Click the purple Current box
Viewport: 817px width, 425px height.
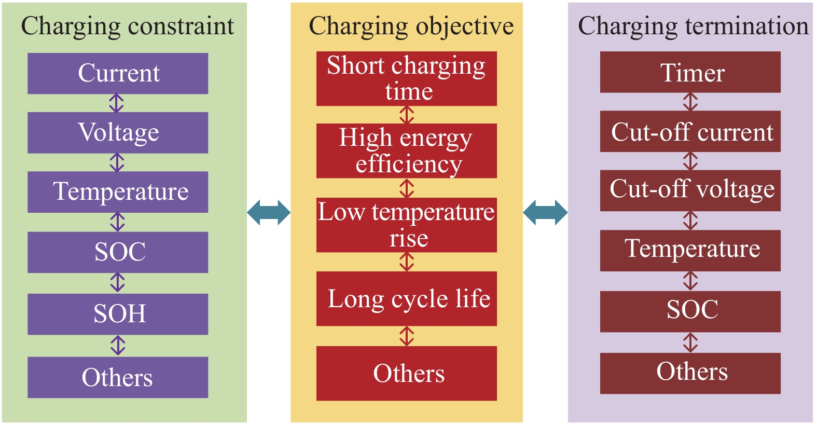[118, 73]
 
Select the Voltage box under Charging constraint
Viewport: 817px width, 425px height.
[118, 132]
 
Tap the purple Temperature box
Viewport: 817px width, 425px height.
[118, 192]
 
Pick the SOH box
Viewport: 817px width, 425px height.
[118, 314]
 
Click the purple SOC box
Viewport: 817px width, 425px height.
[118, 252]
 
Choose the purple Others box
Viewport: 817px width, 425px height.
[118, 377]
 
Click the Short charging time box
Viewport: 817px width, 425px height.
[406, 78]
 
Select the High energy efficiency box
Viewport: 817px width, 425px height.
[406, 150]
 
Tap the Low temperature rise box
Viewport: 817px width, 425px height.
[406, 225]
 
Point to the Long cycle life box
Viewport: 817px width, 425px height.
[406, 298]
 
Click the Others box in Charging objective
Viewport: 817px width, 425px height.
[406, 373]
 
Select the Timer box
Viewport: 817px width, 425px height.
[690, 72]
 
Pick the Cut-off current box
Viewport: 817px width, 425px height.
[690, 131]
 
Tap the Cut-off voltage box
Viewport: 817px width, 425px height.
[690, 190]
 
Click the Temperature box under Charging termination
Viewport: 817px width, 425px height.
[690, 250]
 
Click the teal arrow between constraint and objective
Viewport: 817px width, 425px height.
[269, 212]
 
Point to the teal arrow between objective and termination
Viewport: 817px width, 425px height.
[545, 212]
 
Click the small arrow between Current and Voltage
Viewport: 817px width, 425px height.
[116, 103]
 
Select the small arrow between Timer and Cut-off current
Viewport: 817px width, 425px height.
[690, 102]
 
